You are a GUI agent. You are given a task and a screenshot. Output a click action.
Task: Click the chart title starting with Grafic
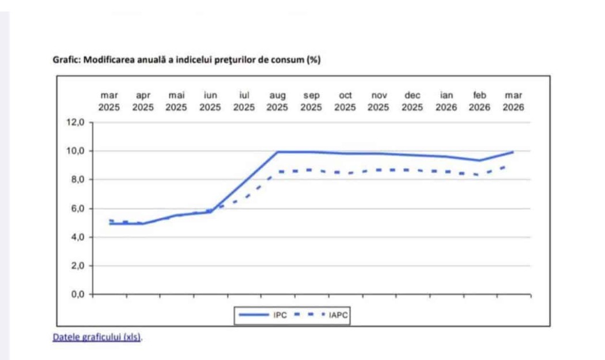coord(186,60)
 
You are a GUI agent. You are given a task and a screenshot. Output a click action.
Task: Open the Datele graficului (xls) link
coord(97,337)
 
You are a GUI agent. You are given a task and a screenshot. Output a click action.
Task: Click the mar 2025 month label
coord(109,101)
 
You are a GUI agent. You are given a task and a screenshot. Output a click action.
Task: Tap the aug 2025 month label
coord(277,101)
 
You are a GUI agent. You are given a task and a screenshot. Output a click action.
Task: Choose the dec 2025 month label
coord(412,101)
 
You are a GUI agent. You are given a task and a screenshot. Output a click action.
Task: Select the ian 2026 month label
coord(446,101)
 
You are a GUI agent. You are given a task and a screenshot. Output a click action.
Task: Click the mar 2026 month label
coord(513,101)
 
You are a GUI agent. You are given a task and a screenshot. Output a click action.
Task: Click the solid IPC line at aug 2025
coord(277,152)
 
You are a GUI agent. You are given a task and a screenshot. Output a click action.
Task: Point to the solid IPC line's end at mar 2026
coord(513,152)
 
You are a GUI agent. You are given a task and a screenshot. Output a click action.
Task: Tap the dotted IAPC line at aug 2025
coord(278,172)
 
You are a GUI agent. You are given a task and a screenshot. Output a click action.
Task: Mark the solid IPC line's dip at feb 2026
coord(479,160)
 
